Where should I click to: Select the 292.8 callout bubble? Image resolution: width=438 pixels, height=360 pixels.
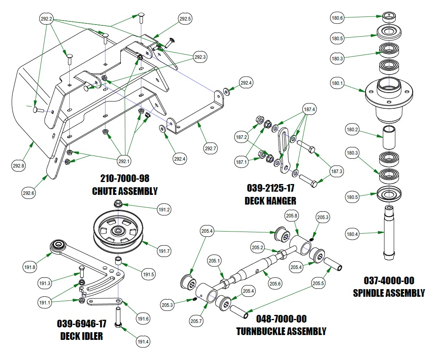pos(19,165)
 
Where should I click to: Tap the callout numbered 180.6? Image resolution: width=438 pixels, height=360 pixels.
pos(337,18)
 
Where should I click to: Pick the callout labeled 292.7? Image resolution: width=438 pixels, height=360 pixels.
pos(210,149)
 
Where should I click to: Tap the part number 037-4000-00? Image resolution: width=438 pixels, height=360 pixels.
pos(389,281)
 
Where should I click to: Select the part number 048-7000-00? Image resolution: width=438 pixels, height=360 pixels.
pos(281,319)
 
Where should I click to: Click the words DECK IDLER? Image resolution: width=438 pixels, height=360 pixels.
pos(81,335)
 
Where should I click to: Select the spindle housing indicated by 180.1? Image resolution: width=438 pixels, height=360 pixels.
pos(389,97)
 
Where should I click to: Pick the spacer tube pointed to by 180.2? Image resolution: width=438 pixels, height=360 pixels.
pos(389,137)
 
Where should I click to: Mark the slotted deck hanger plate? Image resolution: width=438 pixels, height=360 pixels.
pos(285,149)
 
